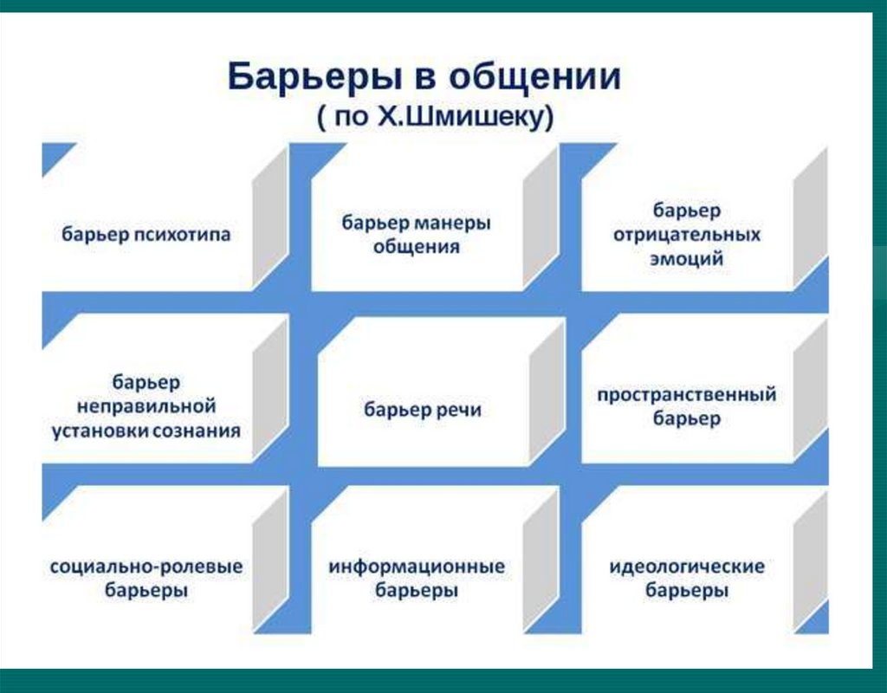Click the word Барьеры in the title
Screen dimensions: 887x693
point(303,77)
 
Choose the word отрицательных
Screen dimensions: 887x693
point(687,235)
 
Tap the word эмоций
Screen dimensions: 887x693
point(687,258)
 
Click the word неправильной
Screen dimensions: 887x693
point(146,405)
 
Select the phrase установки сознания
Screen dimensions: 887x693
point(146,430)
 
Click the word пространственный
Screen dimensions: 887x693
point(686,395)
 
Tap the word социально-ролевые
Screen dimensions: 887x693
point(146,567)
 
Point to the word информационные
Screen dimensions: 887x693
point(417,567)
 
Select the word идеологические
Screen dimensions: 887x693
point(687,567)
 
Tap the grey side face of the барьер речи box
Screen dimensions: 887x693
point(547,394)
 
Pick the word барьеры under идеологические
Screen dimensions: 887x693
point(687,592)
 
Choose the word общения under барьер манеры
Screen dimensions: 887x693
point(416,246)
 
